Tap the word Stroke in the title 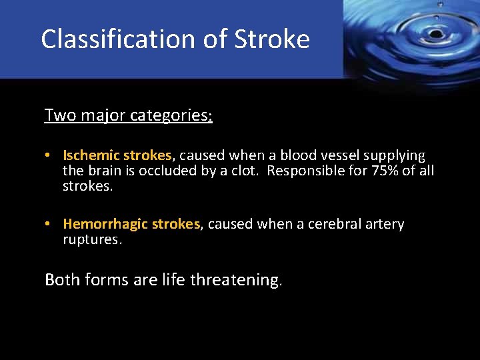click(x=272, y=39)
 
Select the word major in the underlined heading click(x=103, y=115)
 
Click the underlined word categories click(x=170, y=115)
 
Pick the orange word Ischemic click(x=91, y=155)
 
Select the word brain click(x=105, y=171)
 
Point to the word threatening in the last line click(x=236, y=280)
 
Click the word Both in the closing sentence click(x=59, y=280)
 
